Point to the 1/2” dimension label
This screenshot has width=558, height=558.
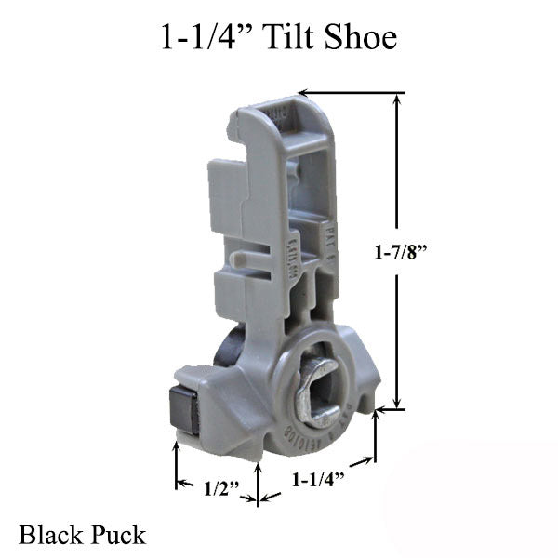point(217,484)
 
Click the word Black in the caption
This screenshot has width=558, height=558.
point(48,535)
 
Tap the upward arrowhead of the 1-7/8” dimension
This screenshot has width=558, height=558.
point(399,100)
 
